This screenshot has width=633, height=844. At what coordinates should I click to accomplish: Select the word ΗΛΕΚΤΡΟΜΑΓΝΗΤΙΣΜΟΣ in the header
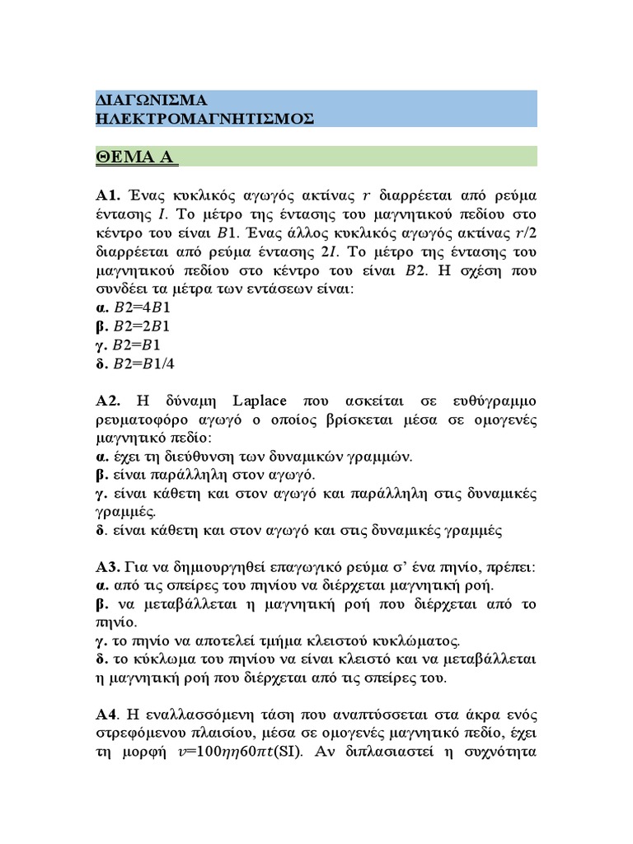pyautogui.click(x=205, y=118)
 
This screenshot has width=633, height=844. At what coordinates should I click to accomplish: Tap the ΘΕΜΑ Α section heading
pyautogui.click(x=137, y=157)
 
